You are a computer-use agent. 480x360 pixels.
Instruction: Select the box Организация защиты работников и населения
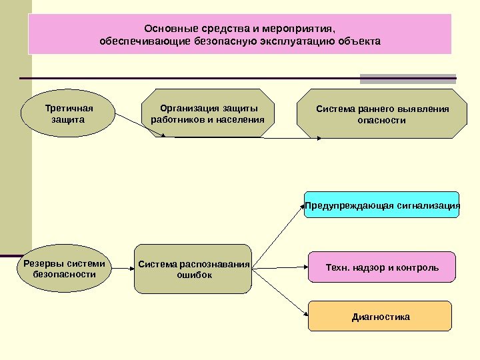pyautogui.click(x=208, y=114)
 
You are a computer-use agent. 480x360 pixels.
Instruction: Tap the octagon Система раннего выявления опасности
pyautogui.click(x=382, y=114)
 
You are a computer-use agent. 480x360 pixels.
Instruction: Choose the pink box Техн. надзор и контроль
pyautogui.click(x=382, y=268)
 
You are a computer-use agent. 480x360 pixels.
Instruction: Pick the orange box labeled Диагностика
pyautogui.click(x=380, y=317)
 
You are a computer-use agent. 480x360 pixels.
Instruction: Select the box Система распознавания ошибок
pyautogui.click(x=194, y=269)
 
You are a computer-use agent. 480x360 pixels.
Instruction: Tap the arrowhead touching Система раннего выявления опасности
pyautogui.click(x=321, y=139)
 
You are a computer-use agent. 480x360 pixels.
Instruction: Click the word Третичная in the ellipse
pyautogui.click(x=69, y=108)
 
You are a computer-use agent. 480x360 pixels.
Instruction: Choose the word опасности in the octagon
pyautogui.click(x=382, y=121)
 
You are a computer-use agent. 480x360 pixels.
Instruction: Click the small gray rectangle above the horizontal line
pyautogui.click(x=408, y=78)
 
